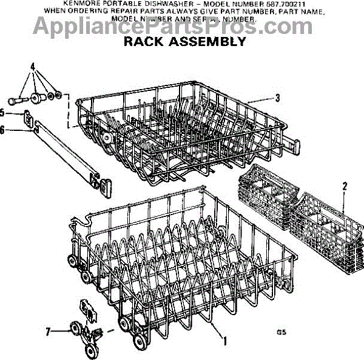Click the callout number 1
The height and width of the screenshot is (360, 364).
[225, 341]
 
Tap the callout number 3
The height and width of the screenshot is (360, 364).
[277, 98]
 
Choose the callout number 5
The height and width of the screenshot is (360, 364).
[3, 112]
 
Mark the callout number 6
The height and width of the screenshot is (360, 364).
[3, 129]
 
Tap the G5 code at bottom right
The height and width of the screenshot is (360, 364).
[280, 332]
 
